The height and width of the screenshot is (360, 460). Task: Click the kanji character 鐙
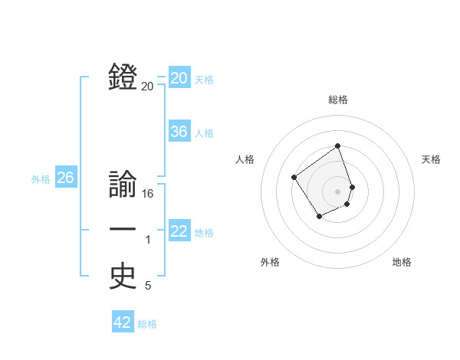(x=123, y=78)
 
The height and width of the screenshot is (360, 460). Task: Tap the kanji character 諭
(x=123, y=186)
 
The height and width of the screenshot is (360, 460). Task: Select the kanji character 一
(x=123, y=230)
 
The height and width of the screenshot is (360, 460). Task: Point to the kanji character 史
(x=123, y=277)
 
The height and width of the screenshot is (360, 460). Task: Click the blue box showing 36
(x=179, y=132)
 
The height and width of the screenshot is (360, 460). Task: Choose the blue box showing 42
(x=123, y=322)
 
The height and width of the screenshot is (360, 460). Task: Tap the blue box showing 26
(x=65, y=178)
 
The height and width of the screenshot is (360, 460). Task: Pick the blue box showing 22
(x=179, y=231)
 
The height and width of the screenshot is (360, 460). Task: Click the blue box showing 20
(x=179, y=78)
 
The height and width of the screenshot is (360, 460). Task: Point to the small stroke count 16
(x=148, y=195)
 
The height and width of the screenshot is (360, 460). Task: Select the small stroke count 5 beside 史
(x=148, y=286)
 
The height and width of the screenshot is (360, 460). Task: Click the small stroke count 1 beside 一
(x=148, y=241)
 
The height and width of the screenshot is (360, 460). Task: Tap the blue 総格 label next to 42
(x=147, y=324)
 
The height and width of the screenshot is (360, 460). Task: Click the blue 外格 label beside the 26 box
(x=41, y=179)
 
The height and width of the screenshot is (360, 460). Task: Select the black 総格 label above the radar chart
(x=338, y=100)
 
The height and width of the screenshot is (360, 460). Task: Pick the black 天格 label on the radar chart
(x=431, y=159)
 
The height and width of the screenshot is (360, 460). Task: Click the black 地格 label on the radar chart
(x=402, y=262)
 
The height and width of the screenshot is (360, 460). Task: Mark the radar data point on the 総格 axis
(x=337, y=146)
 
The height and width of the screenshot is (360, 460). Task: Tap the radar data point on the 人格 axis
(x=294, y=178)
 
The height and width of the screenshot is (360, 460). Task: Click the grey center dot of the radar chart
(x=337, y=191)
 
